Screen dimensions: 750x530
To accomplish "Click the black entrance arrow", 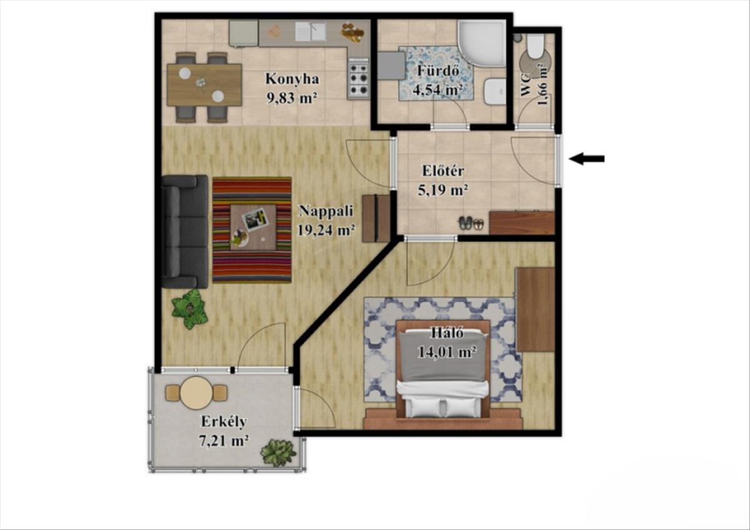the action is [x=587, y=159].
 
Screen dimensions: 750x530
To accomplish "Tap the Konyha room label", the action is [x=292, y=79].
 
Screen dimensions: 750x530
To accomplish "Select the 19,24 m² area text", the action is [x=326, y=231].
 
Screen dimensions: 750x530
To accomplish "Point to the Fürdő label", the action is [x=437, y=71].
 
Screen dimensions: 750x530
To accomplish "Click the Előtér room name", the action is [x=443, y=171].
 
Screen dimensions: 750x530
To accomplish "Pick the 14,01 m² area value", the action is [x=447, y=352].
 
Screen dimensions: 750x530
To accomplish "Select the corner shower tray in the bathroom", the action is [x=481, y=43].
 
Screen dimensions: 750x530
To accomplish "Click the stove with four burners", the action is [x=359, y=78].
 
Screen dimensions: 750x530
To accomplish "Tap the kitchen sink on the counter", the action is [x=311, y=31].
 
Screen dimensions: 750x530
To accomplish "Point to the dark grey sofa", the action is [x=184, y=232].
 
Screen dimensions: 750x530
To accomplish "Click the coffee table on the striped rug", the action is [x=252, y=227].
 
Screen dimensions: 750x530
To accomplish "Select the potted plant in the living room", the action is [x=189, y=309].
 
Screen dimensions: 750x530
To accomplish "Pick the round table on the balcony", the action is [x=196, y=393].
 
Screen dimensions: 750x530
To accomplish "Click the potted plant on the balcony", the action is [x=278, y=452].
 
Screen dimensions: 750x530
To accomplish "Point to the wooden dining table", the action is [x=204, y=85].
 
